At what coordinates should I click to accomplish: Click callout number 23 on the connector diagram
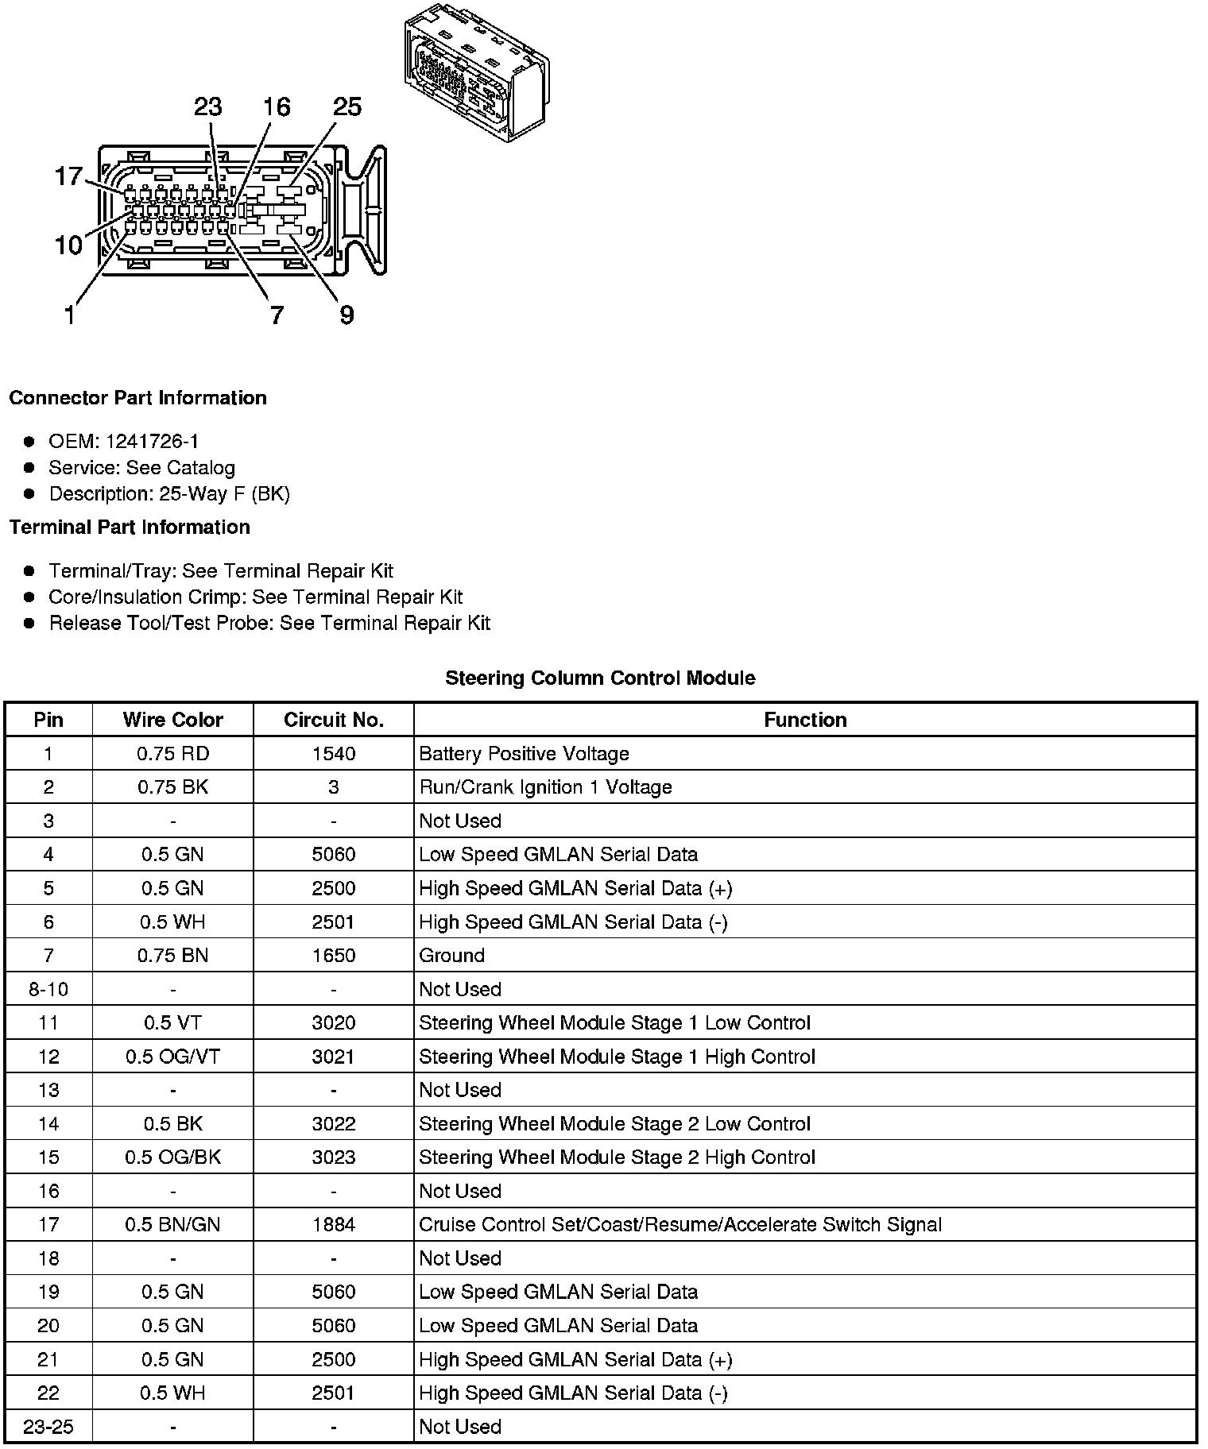coord(208,107)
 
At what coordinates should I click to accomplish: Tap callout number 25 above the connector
coord(347,107)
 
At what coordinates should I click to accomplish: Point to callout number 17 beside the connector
coord(68,176)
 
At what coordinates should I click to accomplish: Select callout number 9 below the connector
coord(347,315)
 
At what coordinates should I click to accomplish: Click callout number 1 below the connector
coord(70,315)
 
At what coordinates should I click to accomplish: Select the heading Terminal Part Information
coord(130,527)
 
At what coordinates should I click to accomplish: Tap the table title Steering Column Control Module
coord(600,678)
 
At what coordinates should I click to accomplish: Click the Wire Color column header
coord(172,720)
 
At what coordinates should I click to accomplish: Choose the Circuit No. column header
coord(334,720)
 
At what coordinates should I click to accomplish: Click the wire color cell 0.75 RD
coord(172,754)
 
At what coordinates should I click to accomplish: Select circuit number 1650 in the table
coord(334,956)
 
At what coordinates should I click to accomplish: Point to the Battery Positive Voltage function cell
coord(524,754)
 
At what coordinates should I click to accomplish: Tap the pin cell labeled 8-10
coord(48,989)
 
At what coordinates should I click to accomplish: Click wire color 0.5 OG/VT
coord(172,1057)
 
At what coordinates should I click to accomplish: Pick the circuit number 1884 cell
coord(334,1225)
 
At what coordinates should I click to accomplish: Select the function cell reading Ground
coord(451,956)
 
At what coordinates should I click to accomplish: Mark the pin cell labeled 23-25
coord(48,1427)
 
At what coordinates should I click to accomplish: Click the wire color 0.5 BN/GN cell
coord(172,1225)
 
